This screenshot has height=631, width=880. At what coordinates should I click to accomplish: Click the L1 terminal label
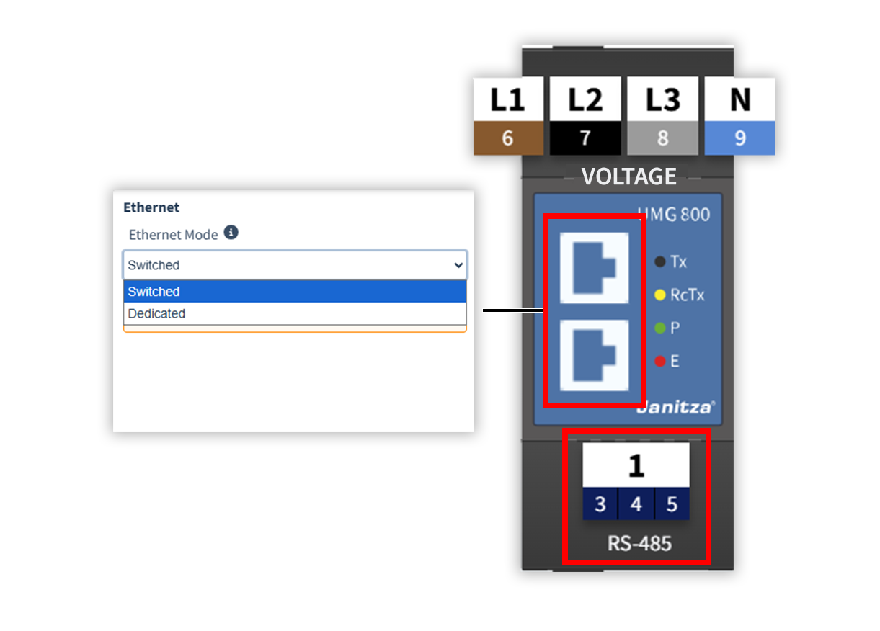(x=507, y=99)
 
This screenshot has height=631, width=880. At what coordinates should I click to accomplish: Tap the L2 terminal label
(x=585, y=99)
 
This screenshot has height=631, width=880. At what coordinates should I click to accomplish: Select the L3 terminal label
(x=662, y=99)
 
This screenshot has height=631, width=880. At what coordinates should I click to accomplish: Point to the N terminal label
(x=739, y=99)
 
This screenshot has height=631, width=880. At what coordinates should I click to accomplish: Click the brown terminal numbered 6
(x=507, y=138)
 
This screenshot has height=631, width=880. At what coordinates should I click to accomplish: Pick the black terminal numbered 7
(x=585, y=138)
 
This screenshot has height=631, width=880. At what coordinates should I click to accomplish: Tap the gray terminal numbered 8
(x=662, y=138)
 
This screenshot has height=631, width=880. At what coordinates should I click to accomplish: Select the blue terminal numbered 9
(x=739, y=138)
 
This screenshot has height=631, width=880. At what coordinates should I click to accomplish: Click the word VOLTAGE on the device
(x=628, y=176)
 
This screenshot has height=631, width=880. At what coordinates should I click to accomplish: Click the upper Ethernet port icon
(x=594, y=268)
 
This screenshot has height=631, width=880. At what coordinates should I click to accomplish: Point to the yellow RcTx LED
(x=659, y=295)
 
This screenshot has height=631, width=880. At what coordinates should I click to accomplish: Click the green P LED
(x=659, y=328)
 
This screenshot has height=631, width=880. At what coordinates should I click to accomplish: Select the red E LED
(x=659, y=361)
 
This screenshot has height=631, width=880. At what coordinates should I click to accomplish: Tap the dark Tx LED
(x=659, y=261)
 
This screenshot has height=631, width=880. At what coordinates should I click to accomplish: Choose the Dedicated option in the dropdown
(x=156, y=314)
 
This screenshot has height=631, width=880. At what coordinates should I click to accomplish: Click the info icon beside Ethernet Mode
(x=231, y=233)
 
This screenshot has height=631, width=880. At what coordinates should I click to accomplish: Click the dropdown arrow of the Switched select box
(x=458, y=265)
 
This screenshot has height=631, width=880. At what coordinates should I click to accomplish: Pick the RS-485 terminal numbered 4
(x=636, y=504)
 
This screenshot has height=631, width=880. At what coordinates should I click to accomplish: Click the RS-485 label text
(x=639, y=543)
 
